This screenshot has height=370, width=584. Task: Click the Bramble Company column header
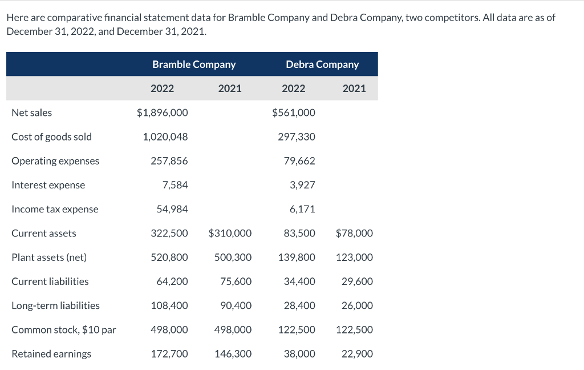tap(194, 65)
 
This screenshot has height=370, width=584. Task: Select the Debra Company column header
tap(322, 65)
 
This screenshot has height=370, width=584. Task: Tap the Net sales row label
tap(32, 113)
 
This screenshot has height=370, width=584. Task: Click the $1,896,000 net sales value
tap(163, 113)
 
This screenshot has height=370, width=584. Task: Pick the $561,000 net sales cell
tap(294, 113)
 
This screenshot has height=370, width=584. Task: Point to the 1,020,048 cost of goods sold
tap(165, 137)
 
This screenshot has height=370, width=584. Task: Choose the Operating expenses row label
tap(55, 161)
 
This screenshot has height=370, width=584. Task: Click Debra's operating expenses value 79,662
tap(299, 161)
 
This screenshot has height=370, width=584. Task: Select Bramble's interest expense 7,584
tap(175, 185)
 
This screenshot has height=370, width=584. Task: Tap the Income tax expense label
tap(55, 209)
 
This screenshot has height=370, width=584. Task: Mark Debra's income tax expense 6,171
tap(302, 209)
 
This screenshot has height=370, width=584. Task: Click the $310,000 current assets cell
tap(230, 234)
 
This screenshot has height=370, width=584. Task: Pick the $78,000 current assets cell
tap(354, 234)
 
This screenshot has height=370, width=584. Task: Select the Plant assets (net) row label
tap(49, 258)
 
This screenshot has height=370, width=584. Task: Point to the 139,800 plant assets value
tap(297, 258)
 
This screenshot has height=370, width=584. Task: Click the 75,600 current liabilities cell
tap(236, 281)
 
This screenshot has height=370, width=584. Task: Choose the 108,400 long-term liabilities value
tap(169, 305)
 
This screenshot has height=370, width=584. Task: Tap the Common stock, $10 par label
tap(64, 329)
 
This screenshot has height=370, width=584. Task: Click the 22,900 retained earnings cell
tap(358, 354)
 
